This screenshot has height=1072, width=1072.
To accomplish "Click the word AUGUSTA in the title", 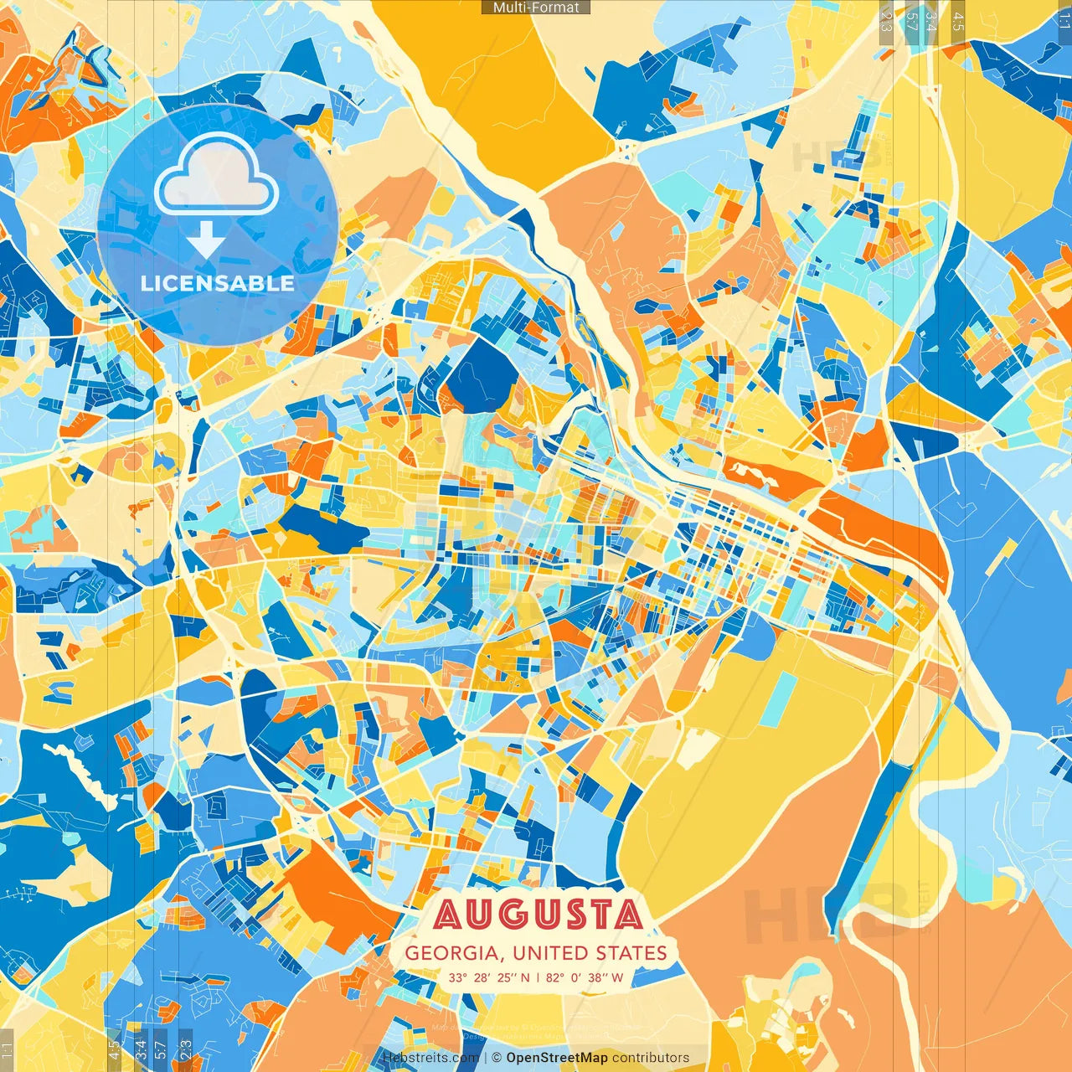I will click(538, 915).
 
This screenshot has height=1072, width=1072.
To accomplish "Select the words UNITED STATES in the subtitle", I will click(590, 953).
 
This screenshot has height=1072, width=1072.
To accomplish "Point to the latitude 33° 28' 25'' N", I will click(488, 977).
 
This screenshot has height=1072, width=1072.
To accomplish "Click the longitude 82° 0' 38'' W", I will click(585, 977).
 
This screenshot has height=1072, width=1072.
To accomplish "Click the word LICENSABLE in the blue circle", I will click(218, 283).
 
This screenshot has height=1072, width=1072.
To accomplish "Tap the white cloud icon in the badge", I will click(216, 174).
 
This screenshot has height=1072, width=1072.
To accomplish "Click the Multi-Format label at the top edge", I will click(536, 8).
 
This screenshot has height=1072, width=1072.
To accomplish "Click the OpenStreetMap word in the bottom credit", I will click(556, 1058).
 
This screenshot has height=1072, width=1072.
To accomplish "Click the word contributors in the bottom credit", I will click(651, 1058).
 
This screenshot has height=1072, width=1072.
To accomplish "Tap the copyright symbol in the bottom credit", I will click(497, 1058).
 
